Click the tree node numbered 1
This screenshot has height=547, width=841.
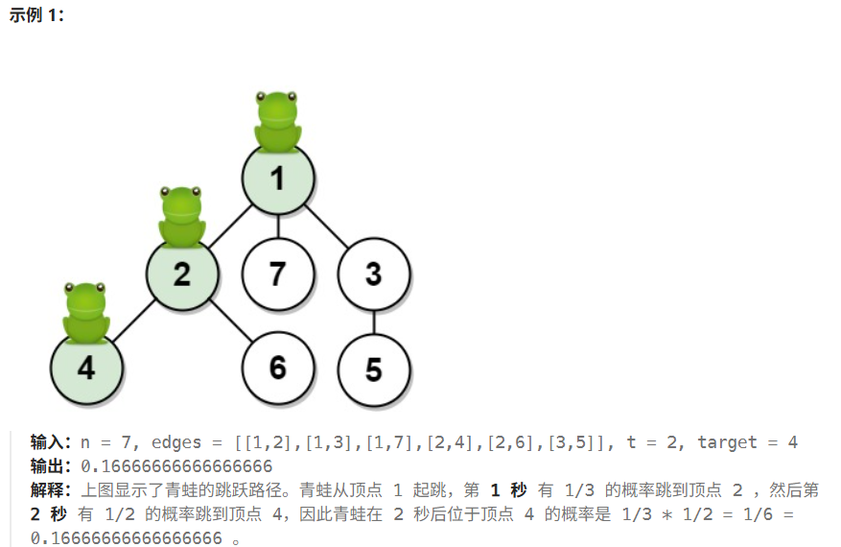278,179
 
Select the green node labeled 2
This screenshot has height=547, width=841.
182,273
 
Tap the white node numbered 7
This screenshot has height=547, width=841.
278,273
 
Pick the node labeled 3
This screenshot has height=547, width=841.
374,273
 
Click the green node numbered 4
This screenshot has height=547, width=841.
86,369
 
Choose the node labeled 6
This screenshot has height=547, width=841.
278,369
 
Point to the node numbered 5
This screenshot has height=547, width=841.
374,369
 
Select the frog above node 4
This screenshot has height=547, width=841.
86,311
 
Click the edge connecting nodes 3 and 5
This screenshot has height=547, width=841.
374,321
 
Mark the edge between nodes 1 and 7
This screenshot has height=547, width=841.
278,226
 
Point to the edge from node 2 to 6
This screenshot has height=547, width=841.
230,321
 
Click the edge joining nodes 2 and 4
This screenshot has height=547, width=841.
134,321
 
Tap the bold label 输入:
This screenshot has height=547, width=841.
51,442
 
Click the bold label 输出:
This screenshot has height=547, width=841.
51,466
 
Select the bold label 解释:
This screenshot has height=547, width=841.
51,490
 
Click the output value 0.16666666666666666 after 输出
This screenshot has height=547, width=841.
176,466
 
